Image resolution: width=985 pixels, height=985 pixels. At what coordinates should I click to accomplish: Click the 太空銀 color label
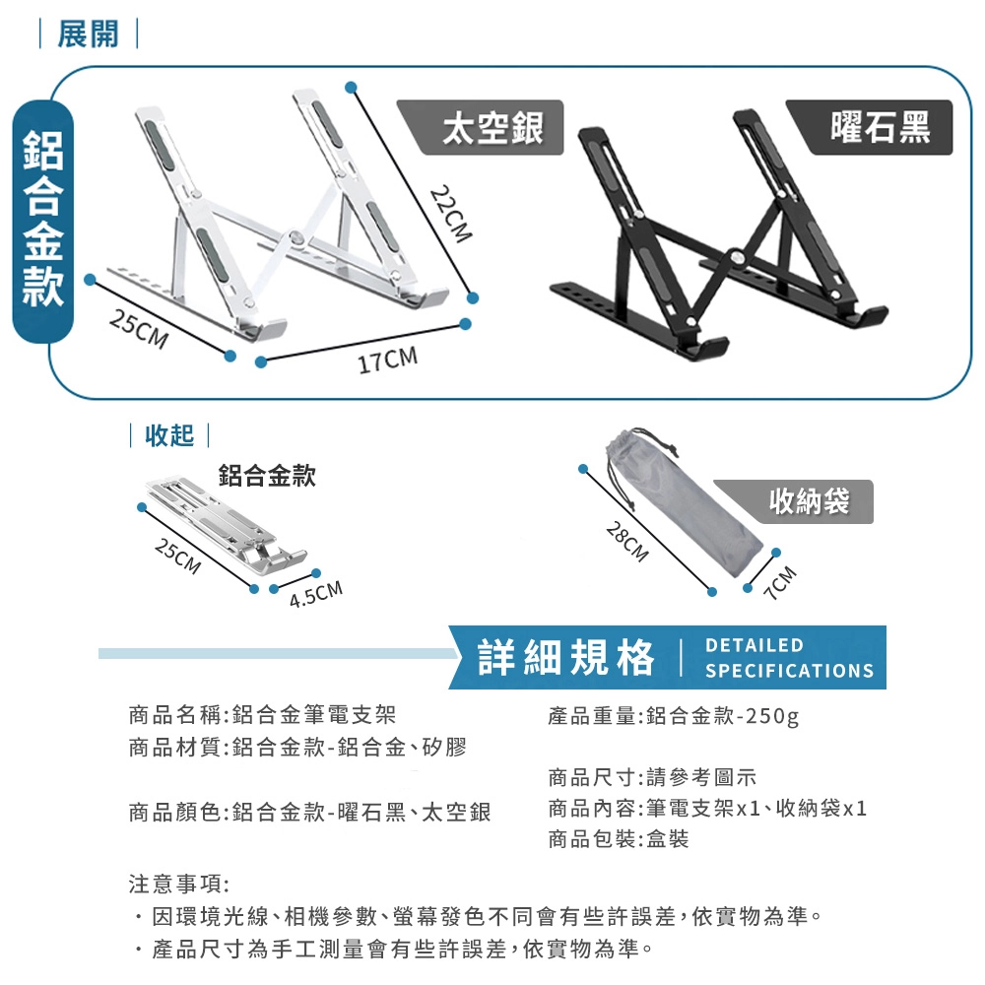coord(492,128)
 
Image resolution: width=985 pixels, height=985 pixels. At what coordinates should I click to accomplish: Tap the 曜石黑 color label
coord(880,127)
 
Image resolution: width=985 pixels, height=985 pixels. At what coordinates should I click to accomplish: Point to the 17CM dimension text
coord(387,360)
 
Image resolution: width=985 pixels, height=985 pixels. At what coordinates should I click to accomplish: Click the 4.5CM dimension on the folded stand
coord(316,594)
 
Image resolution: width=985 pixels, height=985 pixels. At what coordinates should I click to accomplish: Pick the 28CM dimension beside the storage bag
coord(626,542)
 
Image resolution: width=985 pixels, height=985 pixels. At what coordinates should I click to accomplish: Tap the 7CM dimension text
coord(782,583)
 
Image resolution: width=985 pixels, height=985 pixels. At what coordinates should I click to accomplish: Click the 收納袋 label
coord(809,501)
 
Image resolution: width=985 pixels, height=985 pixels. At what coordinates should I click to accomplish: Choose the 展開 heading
coord(88,33)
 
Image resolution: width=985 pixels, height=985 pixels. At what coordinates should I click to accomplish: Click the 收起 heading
coord(169,435)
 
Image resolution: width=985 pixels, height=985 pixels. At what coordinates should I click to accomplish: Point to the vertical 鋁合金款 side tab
coord(43,221)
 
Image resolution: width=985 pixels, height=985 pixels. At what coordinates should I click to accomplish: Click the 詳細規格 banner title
coord(566,658)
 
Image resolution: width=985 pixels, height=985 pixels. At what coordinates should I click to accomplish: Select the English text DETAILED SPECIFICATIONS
coord(789,658)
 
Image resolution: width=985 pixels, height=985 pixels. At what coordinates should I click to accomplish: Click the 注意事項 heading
coord(179,885)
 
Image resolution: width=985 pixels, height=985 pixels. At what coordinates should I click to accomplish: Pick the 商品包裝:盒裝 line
coord(619,839)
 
